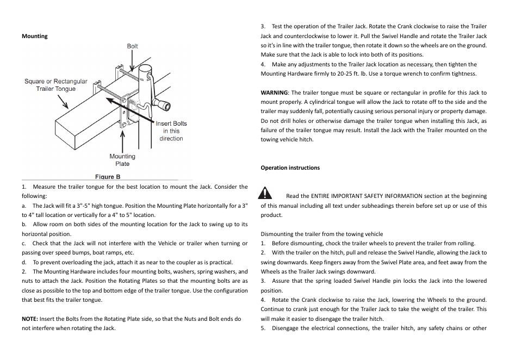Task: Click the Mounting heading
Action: coord(34,36)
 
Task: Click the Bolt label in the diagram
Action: coord(132,46)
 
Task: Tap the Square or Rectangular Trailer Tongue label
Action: coord(55,85)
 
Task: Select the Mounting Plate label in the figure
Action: coord(122,160)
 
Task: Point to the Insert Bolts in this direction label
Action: coord(171,131)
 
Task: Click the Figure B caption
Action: coord(108,177)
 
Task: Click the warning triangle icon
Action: coord(265,193)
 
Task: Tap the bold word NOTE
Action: coord(29,319)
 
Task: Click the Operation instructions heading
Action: coord(290,167)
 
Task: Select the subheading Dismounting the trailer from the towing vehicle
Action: coord(322,234)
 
